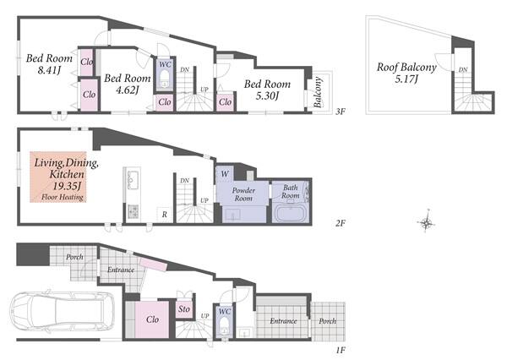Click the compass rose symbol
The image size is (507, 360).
point(426,222)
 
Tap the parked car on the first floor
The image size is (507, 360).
point(62,310)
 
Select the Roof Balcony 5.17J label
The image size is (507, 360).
point(406,73)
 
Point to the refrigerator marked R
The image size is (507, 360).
point(165,214)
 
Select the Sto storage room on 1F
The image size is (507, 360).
point(184,309)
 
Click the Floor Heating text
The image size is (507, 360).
point(63,197)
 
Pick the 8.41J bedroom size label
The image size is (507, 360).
point(49,70)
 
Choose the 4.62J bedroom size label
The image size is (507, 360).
point(127,90)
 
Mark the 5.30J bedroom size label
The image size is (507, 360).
point(267,95)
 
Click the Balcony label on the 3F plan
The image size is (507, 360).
point(318,92)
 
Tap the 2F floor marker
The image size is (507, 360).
point(341,223)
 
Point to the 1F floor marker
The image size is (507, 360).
point(341,350)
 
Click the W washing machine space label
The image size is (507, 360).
point(225,174)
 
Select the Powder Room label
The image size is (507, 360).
point(243,194)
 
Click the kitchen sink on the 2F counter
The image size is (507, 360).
point(133,179)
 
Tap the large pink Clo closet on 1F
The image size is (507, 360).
point(152,319)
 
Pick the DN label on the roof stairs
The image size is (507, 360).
point(463,69)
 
